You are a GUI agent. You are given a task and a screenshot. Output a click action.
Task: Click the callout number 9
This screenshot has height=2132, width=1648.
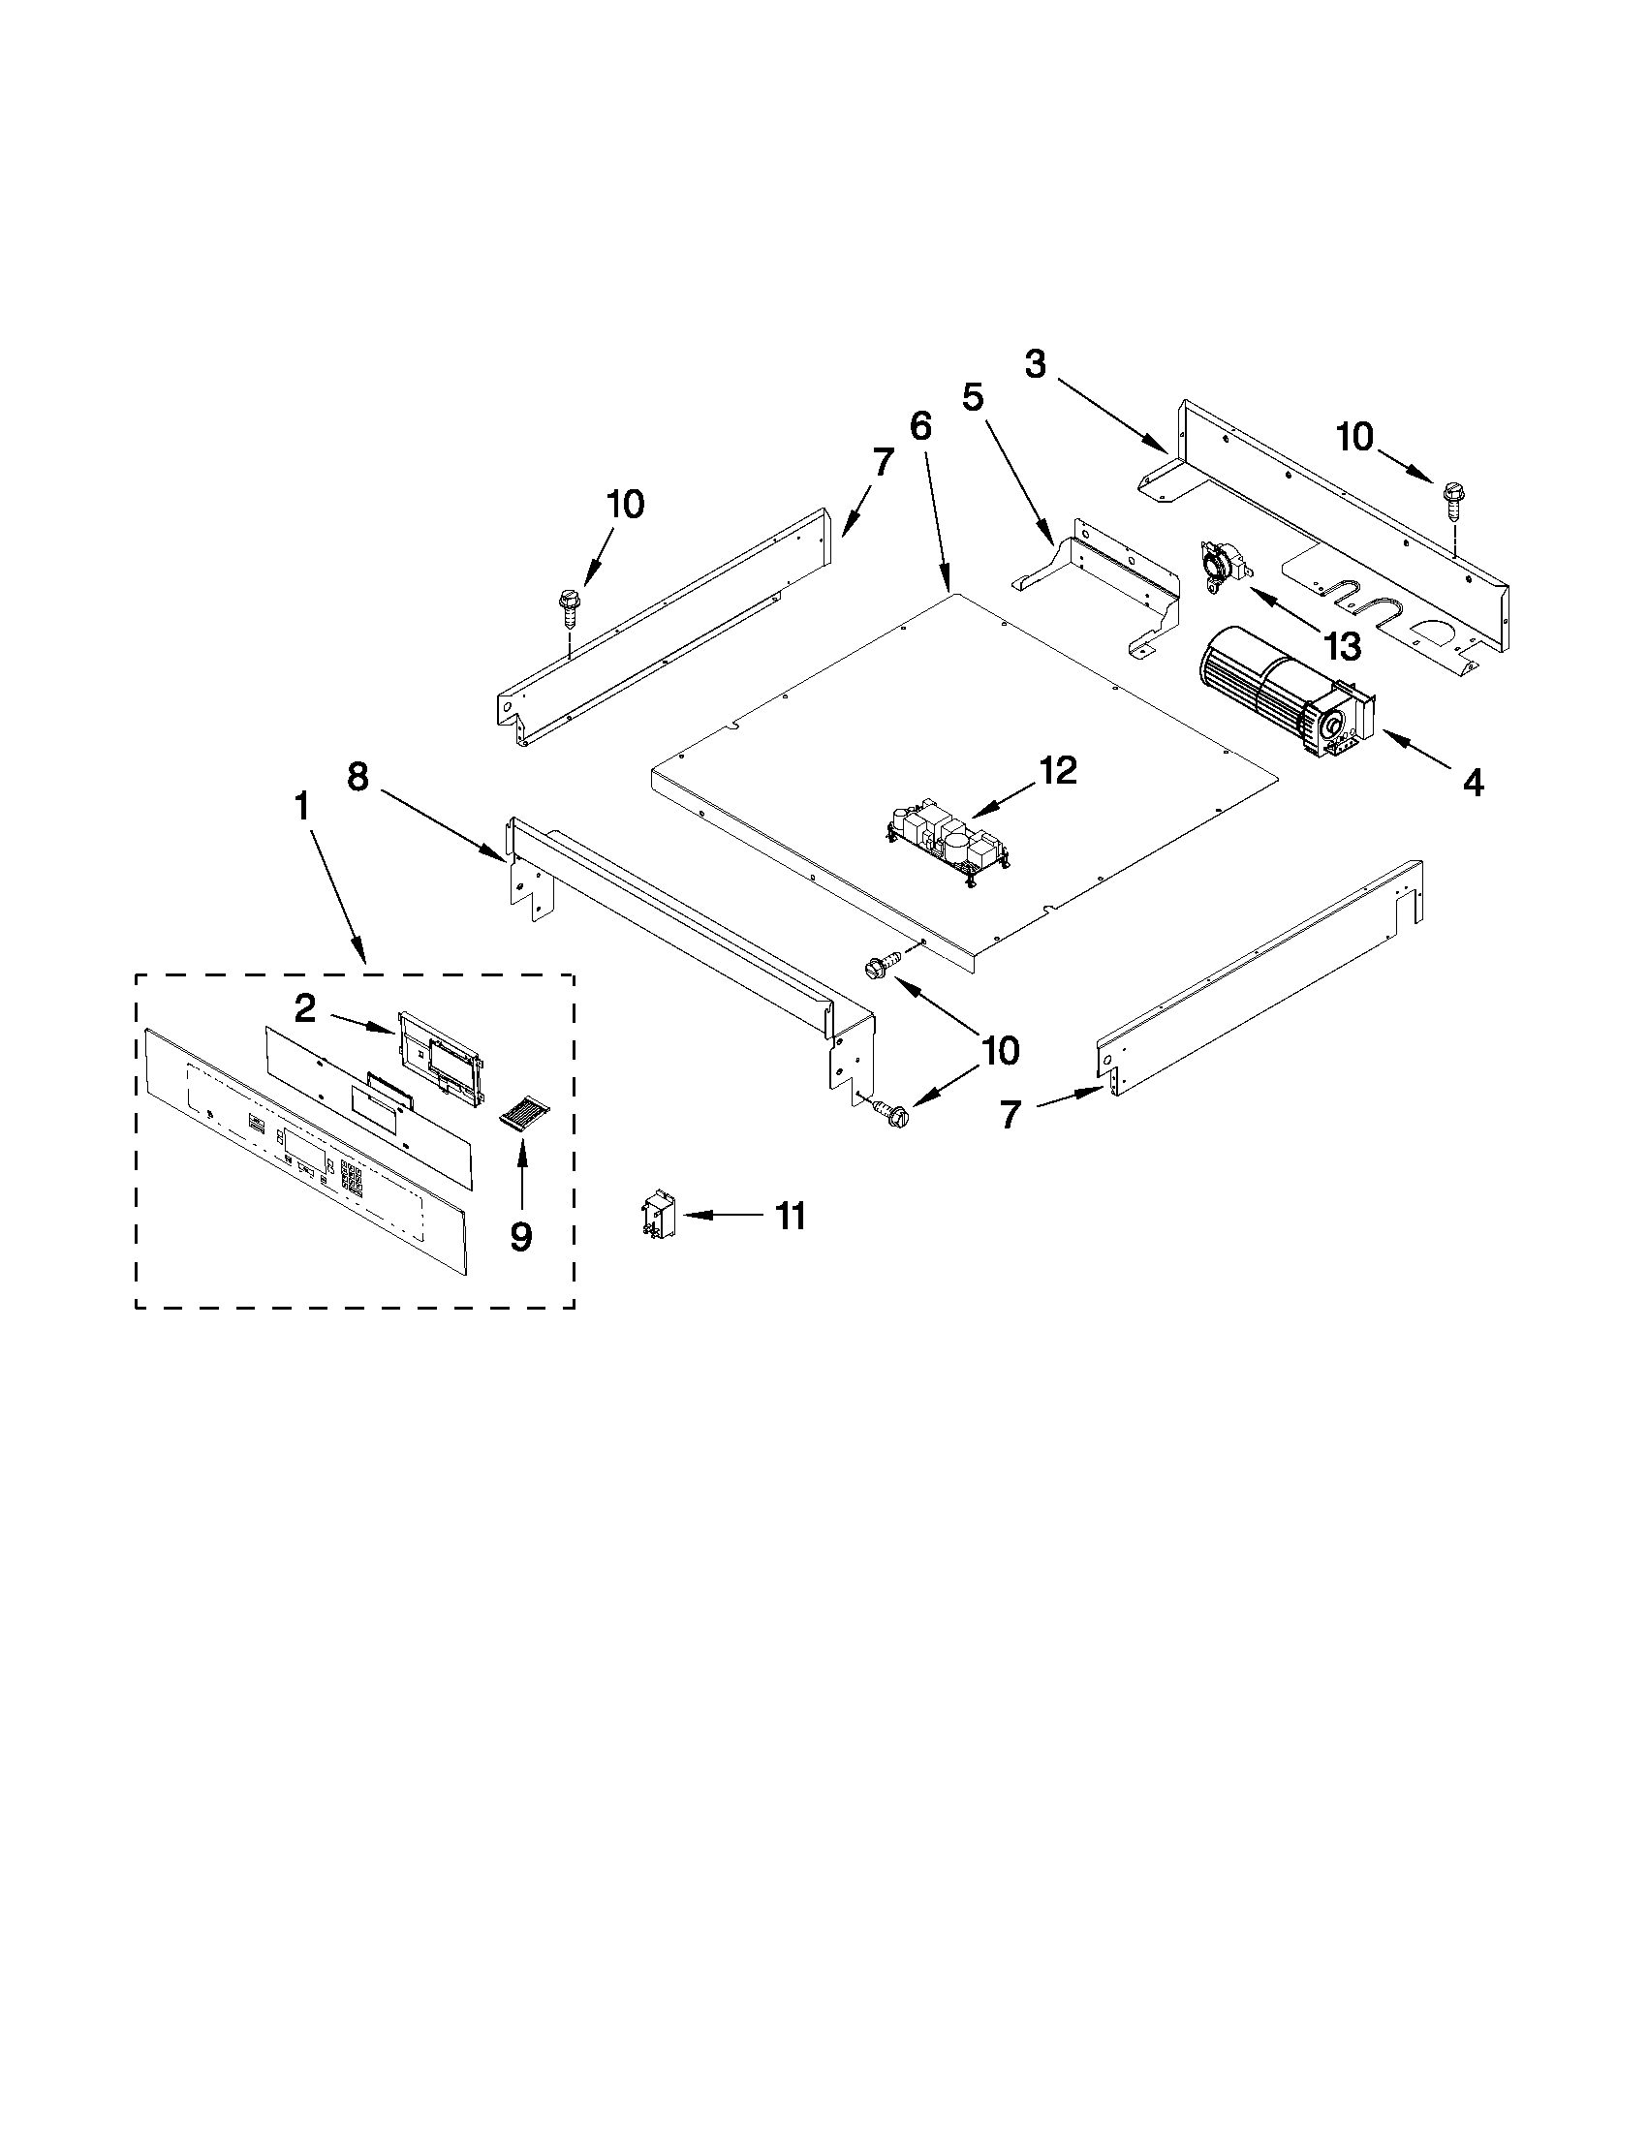tap(521, 1237)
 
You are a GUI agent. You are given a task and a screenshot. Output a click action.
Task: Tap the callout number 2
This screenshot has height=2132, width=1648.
tap(305, 1008)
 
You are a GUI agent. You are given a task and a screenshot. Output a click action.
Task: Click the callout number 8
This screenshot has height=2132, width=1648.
tap(358, 778)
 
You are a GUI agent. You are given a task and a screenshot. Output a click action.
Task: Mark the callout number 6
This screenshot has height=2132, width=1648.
tap(920, 425)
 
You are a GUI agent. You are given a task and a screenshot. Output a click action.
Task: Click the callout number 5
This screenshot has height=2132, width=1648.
tap(973, 397)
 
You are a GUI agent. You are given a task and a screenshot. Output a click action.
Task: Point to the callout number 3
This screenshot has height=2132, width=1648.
tap(1035, 364)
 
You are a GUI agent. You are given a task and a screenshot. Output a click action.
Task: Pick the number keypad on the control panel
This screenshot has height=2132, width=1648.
tap(352, 1178)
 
